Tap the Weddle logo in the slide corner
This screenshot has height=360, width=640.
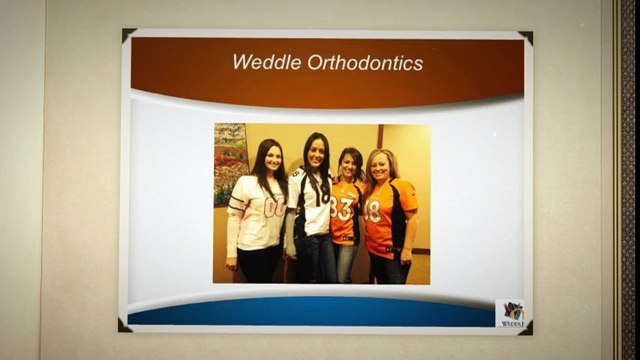click(x=511, y=313)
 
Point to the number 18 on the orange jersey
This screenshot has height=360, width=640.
click(x=374, y=211)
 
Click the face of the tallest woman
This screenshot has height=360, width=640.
click(x=316, y=154)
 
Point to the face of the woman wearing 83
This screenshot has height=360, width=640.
click(x=350, y=165)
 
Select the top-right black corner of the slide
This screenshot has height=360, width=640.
click(x=526, y=37)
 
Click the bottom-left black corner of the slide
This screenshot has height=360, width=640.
click(x=124, y=326)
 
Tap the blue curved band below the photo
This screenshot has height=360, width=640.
click(x=300, y=312)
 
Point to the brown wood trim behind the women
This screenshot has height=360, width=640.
click(x=379, y=140)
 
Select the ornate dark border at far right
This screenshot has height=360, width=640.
click(x=628, y=180)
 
